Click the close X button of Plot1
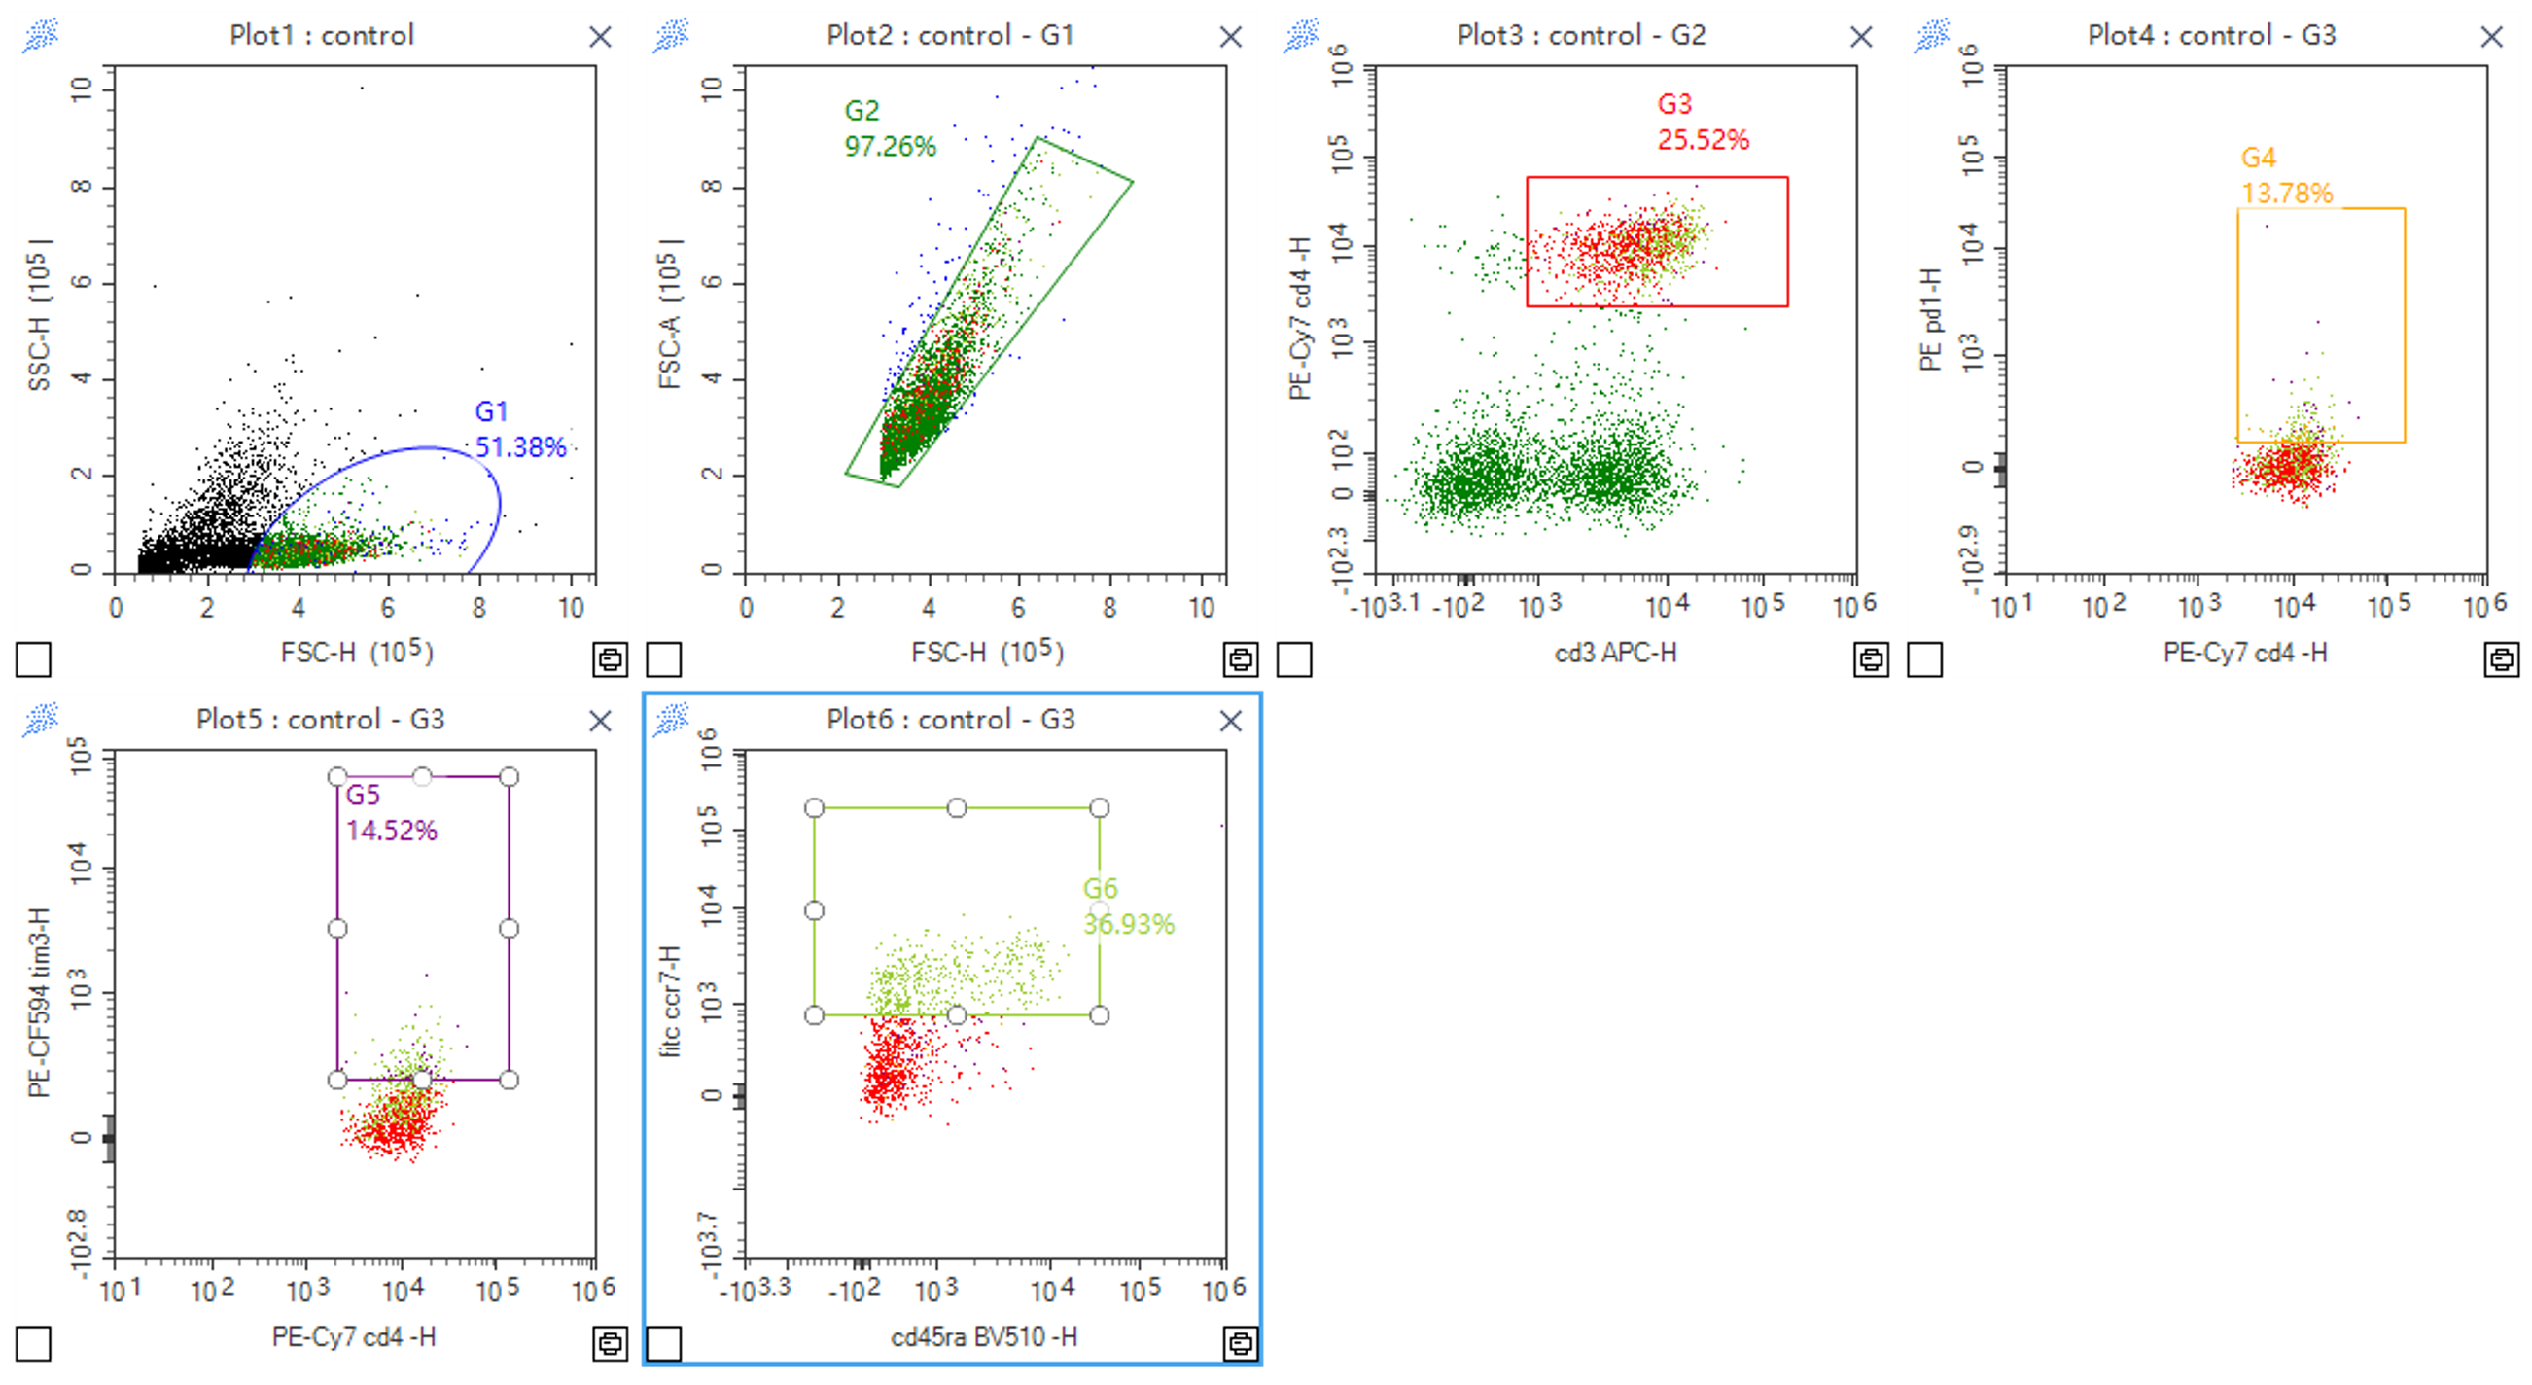(x=600, y=37)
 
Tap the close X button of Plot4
(x=2491, y=37)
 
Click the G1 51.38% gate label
(x=520, y=430)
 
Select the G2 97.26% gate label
(x=890, y=128)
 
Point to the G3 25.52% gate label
(x=1703, y=122)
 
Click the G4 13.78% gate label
(x=2286, y=175)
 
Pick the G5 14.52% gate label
(x=390, y=813)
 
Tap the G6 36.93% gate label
(x=1127, y=906)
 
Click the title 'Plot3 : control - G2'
(x=1580, y=35)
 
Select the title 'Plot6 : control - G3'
(x=951, y=720)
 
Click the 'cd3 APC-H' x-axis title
(x=1615, y=653)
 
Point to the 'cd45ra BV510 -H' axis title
(x=984, y=1336)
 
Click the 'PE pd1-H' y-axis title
(x=1931, y=319)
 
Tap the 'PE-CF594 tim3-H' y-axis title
(x=39, y=1003)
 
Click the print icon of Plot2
(x=1240, y=658)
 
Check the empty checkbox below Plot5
(x=33, y=1344)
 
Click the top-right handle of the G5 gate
(x=509, y=777)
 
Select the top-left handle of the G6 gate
(x=814, y=808)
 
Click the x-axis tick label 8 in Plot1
(x=478, y=609)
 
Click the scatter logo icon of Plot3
(x=1301, y=36)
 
